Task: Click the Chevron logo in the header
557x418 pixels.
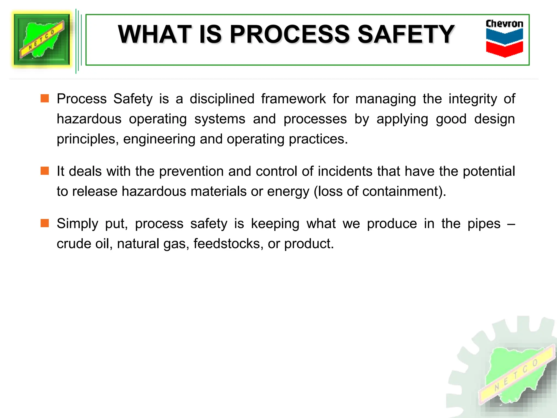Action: tap(504, 38)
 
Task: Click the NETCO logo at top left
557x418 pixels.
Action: tap(42, 40)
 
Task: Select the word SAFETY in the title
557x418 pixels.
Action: tap(406, 34)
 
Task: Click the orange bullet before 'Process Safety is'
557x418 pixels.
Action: tap(45, 98)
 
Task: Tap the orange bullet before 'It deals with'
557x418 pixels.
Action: tap(45, 171)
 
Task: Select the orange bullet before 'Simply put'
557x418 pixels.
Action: tap(45, 223)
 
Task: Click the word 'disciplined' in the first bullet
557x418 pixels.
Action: tap(222, 99)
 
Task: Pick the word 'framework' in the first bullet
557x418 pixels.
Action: tap(293, 99)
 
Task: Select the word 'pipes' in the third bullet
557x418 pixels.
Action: tap(484, 224)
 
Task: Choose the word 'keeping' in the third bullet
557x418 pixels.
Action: tap(275, 224)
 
